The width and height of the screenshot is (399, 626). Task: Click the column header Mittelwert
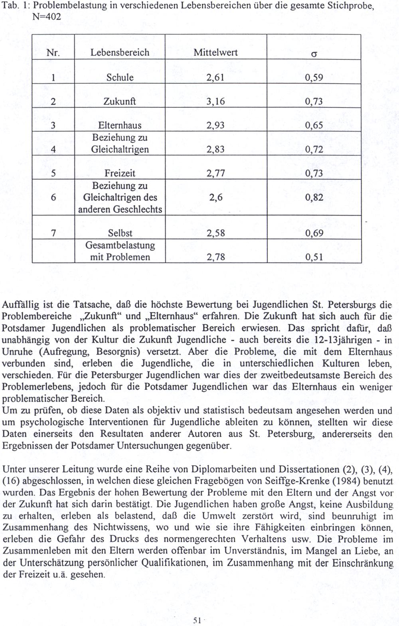pyautogui.click(x=215, y=53)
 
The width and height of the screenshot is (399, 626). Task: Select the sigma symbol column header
pyautogui.click(x=314, y=53)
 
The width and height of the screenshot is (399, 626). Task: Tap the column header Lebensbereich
pyautogui.click(x=120, y=53)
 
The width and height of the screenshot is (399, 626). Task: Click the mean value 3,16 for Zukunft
pyautogui.click(x=215, y=101)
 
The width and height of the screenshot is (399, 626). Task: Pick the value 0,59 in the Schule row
pyautogui.click(x=314, y=77)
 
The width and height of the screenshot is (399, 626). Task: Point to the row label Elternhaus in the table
pyautogui.click(x=120, y=125)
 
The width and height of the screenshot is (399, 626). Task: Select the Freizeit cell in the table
pyautogui.click(x=120, y=173)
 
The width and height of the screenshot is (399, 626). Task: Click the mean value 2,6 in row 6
pyautogui.click(x=215, y=197)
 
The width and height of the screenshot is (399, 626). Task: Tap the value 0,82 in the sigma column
pyautogui.click(x=314, y=197)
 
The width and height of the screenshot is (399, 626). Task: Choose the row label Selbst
pyautogui.click(x=120, y=233)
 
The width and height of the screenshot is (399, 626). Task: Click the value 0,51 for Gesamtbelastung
pyautogui.click(x=314, y=257)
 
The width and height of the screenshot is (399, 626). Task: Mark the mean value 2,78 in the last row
pyautogui.click(x=215, y=257)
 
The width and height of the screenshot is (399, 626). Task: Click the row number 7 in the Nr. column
pyautogui.click(x=53, y=233)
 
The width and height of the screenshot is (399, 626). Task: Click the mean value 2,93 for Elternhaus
pyautogui.click(x=215, y=125)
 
